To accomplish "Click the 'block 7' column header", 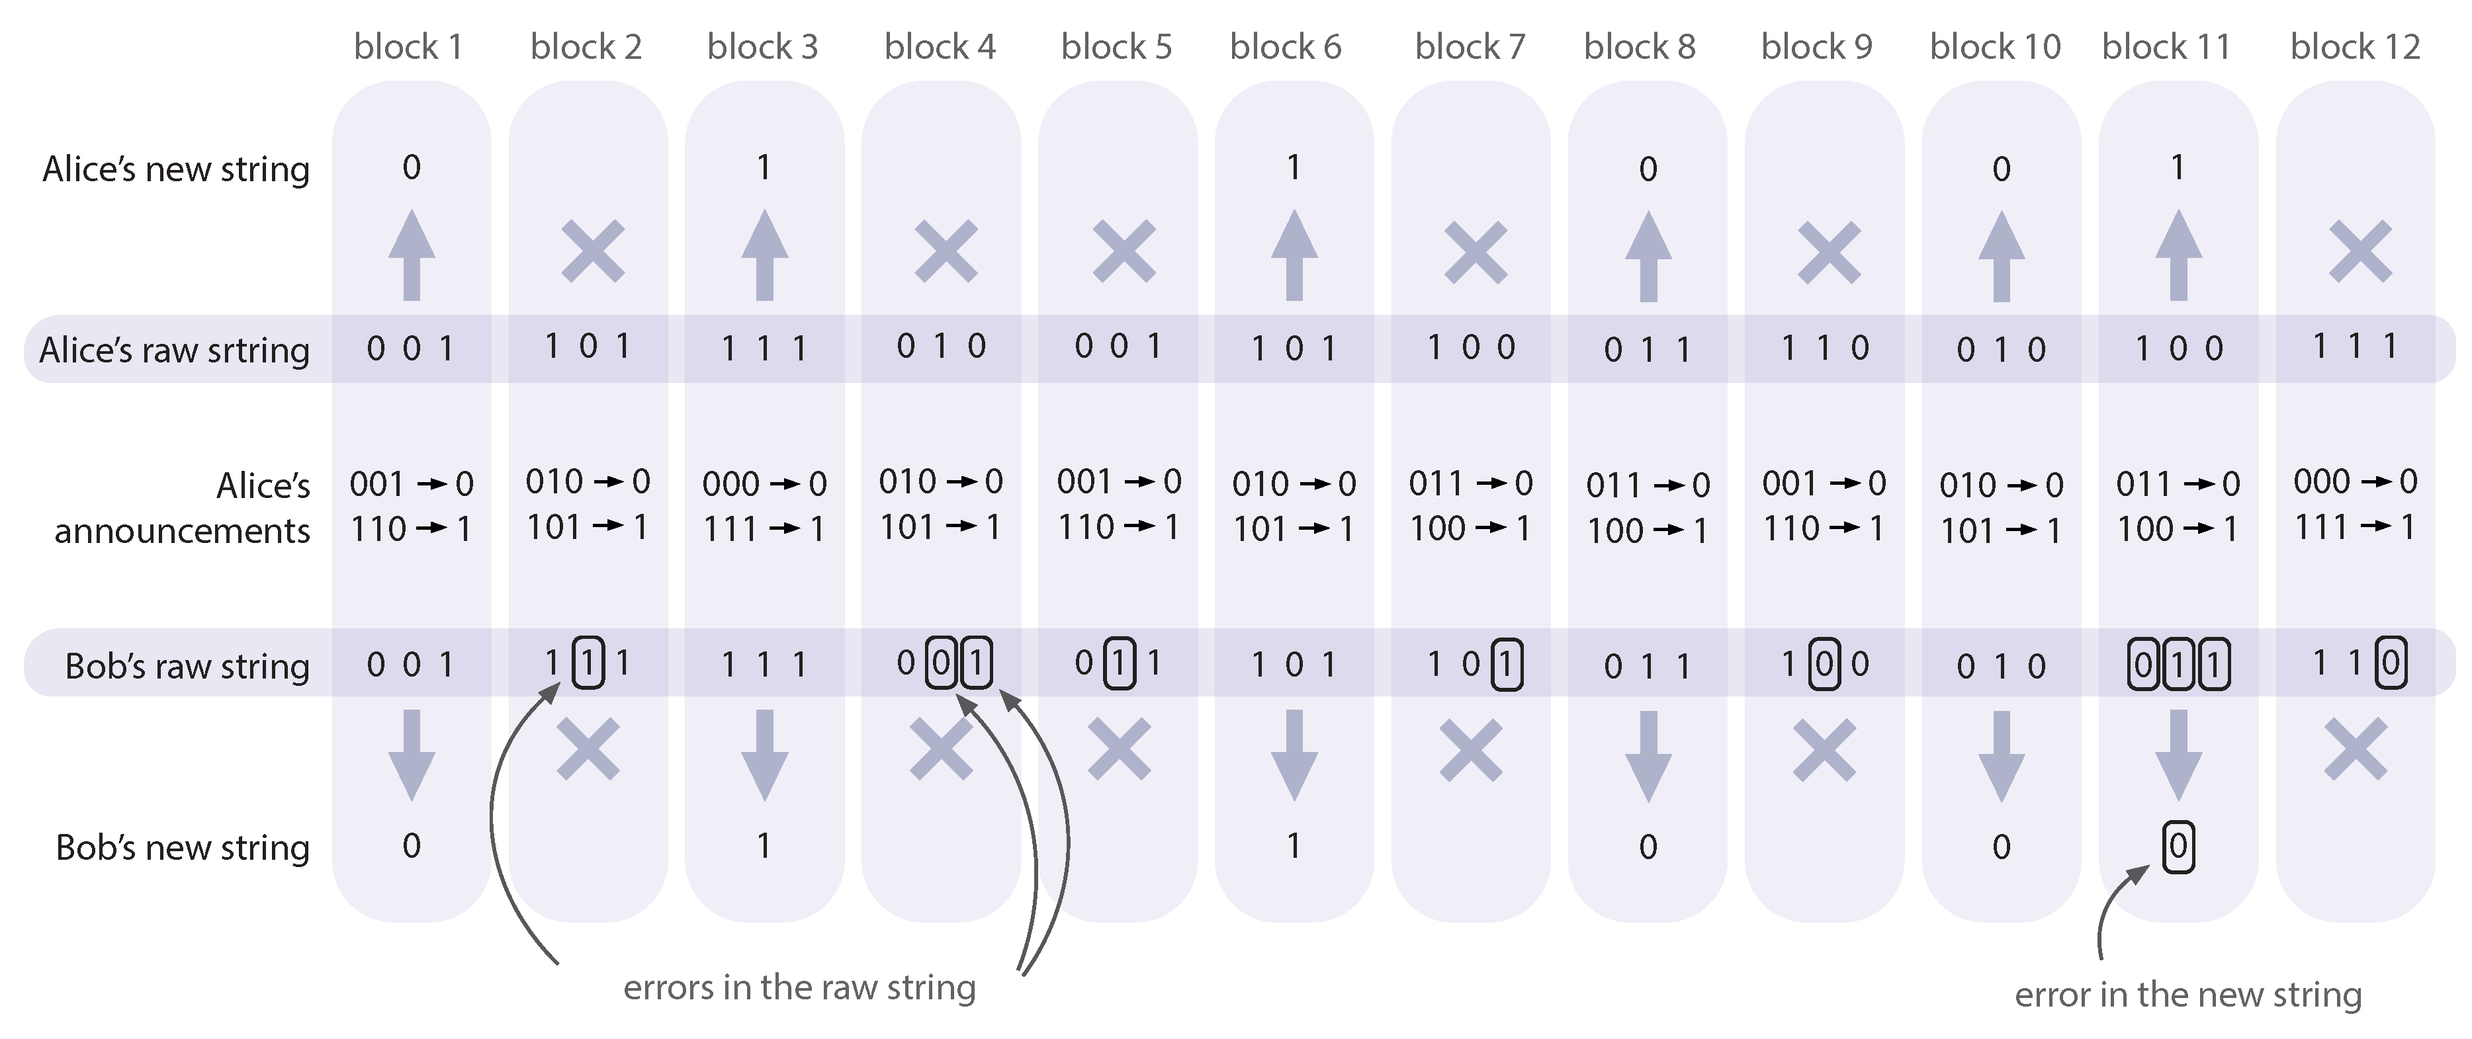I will [1469, 46].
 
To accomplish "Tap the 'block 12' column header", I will [2355, 46].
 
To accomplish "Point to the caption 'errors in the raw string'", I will [799, 987].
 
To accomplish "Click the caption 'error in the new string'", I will [2188, 995].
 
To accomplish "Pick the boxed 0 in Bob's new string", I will [2178, 846].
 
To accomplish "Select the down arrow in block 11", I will [2178, 756].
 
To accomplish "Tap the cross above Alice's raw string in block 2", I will [593, 251].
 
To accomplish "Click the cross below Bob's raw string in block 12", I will [2356, 749].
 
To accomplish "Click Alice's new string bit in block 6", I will [1294, 169].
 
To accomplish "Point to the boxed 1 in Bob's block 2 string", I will [588, 663].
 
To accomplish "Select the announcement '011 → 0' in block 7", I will [1470, 483].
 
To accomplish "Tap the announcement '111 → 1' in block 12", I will [2355, 526].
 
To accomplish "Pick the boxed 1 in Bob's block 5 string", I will [1119, 663].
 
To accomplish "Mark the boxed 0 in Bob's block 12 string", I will [2391, 662].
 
